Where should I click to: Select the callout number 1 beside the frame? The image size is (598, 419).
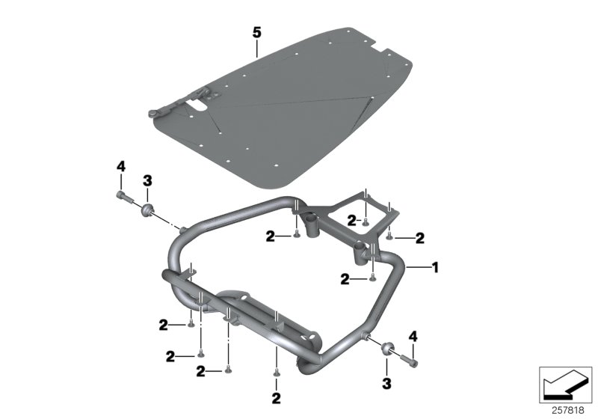(x=436, y=266)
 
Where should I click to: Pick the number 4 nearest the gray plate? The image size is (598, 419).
(x=120, y=165)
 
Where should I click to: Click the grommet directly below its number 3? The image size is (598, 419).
(x=147, y=207)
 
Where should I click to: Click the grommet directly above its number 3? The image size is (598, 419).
(x=386, y=348)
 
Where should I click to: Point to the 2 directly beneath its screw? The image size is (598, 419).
(x=276, y=397)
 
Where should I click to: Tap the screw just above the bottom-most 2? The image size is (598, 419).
(x=276, y=373)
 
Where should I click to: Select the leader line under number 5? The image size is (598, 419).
(x=256, y=49)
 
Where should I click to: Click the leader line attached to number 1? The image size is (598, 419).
(x=419, y=266)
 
